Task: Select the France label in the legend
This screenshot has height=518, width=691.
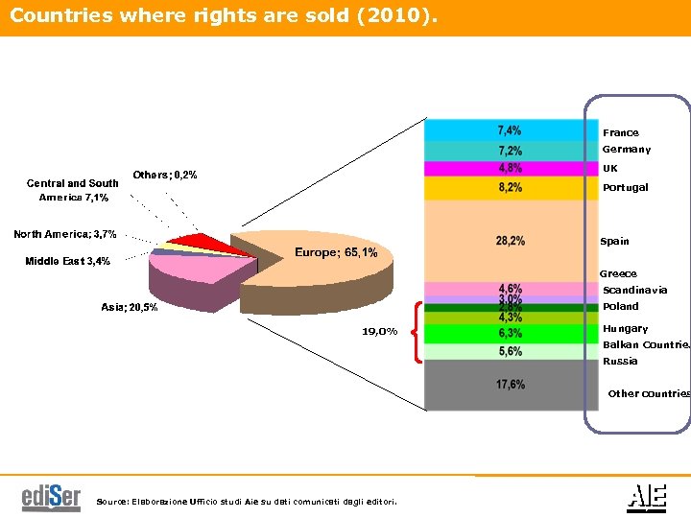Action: click(x=620, y=132)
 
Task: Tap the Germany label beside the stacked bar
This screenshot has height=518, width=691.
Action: click(x=626, y=150)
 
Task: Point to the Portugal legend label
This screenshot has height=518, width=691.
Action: click(x=625, y=188)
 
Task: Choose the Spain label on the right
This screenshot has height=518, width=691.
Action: click(x=614, y=242)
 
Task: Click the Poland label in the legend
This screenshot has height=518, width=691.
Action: click(x=620, y=307)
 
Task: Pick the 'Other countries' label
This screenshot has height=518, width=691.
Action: click(x=649, y=393)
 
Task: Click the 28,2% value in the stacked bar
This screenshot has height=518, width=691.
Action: click(x=510, y=241)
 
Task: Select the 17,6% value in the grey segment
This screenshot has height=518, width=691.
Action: click(x=510, y=385)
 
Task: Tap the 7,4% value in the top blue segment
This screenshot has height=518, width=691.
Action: click(x=510, y=130)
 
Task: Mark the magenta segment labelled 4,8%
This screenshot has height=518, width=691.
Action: click(x=510, y=168)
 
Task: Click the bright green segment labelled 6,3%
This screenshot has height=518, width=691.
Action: click(x=510, y=334)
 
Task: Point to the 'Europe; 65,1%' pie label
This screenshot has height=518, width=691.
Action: click(x=335, y=252)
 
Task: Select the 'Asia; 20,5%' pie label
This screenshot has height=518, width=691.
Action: click(x=130, y=307)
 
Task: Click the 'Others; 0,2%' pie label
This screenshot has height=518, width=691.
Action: click(x=165, y=175)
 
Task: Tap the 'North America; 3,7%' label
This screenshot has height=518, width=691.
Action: click(x=64, y=234)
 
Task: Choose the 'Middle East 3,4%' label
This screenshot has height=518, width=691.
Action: click(x=67, y=261)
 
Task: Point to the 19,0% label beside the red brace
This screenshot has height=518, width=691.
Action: click(x=379, y=332)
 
